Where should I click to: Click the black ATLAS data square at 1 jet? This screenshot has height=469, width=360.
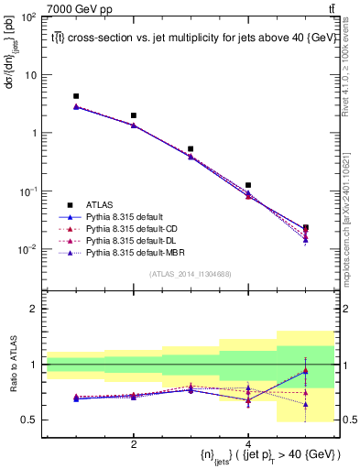tap(76, 96)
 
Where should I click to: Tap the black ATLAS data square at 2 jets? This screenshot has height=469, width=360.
tap(134, 116)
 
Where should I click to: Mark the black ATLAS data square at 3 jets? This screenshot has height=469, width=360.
tap(191, 148)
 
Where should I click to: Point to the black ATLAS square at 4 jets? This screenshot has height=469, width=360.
tap(248, 185)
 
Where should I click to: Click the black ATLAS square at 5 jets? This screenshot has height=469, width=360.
tap(305, 227)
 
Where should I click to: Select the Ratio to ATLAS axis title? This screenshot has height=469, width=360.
tap(12, 363)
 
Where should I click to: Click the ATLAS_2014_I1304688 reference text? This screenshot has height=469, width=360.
tap(190, 273)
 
